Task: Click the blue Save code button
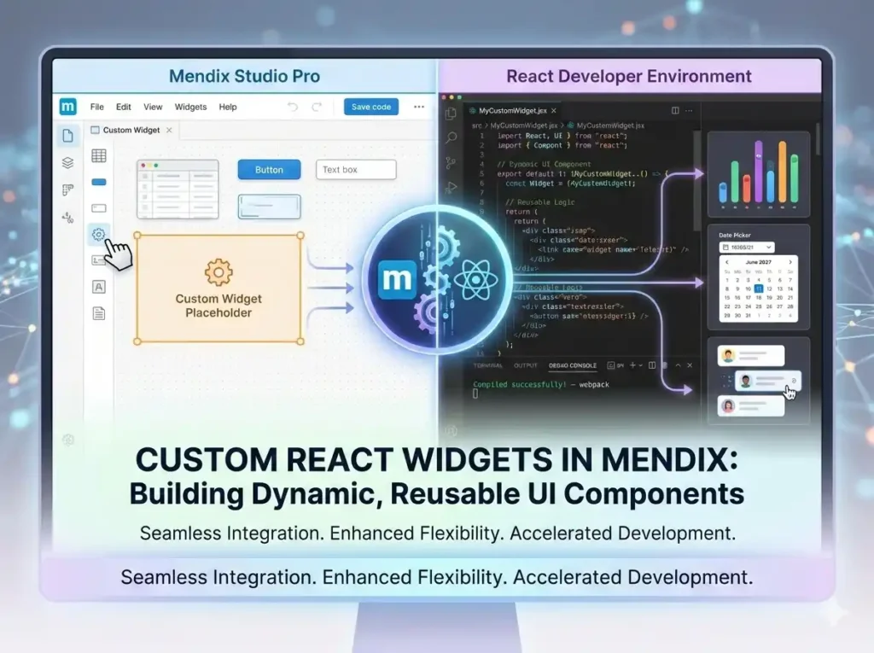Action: pos(371,107)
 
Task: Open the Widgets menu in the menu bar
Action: pos(190,108)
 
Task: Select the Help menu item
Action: pos(228,108)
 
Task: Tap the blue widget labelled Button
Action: pos(269,170)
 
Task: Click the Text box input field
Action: pos(356,170)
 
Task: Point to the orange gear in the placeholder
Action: pos(218,271)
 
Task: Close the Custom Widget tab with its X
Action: pos(169,130)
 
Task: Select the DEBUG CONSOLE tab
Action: pos(573,365)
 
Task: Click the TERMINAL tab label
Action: pos(488,365)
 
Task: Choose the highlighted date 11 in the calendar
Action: pos(759,289)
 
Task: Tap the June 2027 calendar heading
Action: pos(758,262)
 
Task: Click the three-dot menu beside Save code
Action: pos(419,107)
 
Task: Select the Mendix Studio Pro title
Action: pos(244,76)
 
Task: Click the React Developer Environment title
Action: pos(629,76)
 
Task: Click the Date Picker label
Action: pos(735,235)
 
